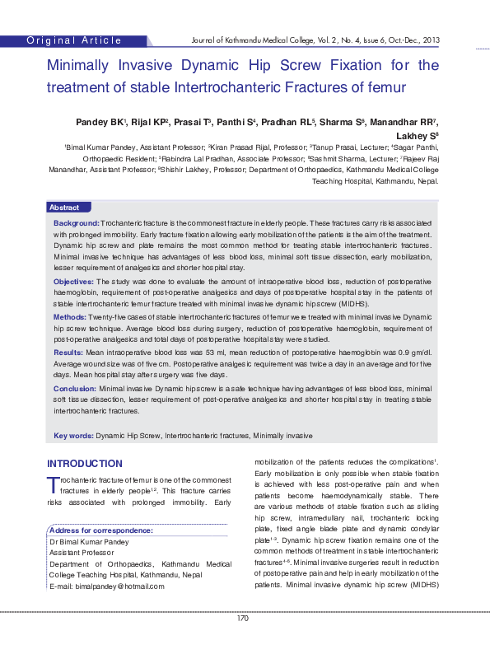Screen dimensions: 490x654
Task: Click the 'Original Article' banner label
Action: tap(74, 40)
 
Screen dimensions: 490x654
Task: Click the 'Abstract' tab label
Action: tap(64, 208)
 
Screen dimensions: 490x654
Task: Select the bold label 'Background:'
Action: tap(77, 223)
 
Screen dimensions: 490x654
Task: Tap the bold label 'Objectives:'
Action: tap(74, 282)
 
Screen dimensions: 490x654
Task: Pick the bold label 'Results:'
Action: tap(68, 352)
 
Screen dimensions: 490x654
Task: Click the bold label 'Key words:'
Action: tap(73, 434)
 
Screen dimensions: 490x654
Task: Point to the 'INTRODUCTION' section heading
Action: tap(85, 464)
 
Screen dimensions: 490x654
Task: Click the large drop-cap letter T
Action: tap(53, 484)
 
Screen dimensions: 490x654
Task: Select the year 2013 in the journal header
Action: tap(430, 40)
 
